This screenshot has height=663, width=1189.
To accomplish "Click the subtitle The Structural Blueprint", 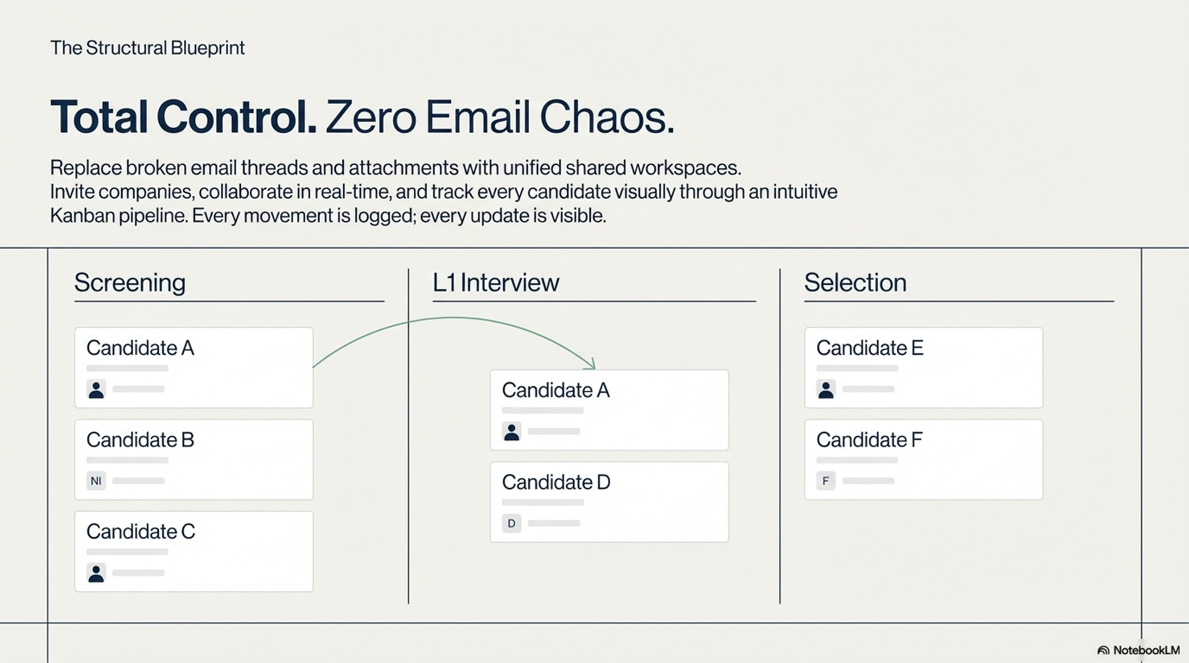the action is [147, 48].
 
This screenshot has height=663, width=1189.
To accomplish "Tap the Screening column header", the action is [130, 282].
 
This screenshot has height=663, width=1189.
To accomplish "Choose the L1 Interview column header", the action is [496, 282].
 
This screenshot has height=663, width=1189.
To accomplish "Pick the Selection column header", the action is [855, 282].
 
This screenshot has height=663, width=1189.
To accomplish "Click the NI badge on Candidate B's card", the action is [96, 481].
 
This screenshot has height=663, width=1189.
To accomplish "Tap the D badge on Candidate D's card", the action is [511, 523].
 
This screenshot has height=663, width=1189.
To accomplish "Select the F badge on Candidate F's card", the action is [826, 481].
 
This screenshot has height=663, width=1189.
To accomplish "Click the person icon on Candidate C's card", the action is [96, 573].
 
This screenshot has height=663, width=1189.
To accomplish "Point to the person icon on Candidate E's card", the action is [826, 389].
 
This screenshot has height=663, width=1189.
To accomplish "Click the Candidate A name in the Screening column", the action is [140, 348].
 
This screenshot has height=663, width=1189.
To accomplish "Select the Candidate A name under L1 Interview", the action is [556, 390].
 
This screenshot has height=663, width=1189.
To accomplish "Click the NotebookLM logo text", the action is [1146, 650].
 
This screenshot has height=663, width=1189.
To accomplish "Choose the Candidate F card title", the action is [869, 440].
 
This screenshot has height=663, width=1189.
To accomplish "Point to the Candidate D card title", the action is [556, 482].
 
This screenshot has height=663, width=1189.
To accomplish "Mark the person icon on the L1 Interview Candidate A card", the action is [511, 431].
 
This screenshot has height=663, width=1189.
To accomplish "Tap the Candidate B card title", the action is [140, 440].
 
